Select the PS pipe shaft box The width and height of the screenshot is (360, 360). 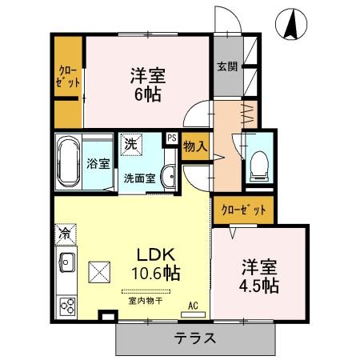point(171,138)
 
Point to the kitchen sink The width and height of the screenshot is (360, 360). point(66,262)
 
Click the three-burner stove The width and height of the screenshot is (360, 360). point(66,306)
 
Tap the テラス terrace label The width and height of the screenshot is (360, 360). point(195,338)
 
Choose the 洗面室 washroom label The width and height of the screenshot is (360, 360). point(138,178)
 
